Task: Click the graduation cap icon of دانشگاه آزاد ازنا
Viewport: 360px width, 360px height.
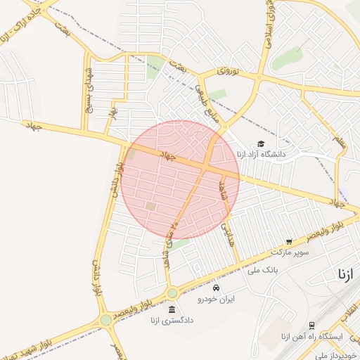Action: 261,143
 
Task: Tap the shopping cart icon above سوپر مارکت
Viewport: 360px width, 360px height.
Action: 289,242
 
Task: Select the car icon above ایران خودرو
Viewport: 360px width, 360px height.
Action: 216,288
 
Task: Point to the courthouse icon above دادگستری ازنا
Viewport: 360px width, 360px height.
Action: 172,310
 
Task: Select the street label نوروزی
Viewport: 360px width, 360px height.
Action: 228,71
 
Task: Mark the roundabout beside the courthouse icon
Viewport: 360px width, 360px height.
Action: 172,292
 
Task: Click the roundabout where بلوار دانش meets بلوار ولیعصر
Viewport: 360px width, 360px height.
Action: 106,320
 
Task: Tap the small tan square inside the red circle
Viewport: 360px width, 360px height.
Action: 150,206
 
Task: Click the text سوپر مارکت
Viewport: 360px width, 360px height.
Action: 290,251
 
